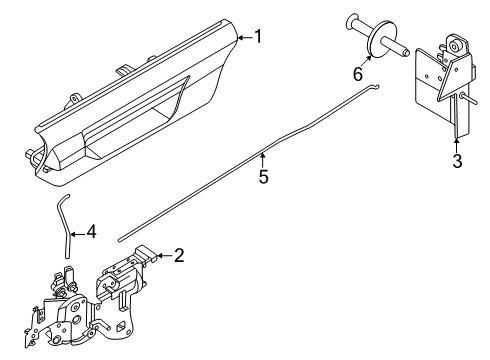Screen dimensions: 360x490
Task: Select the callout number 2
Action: point(179,255)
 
